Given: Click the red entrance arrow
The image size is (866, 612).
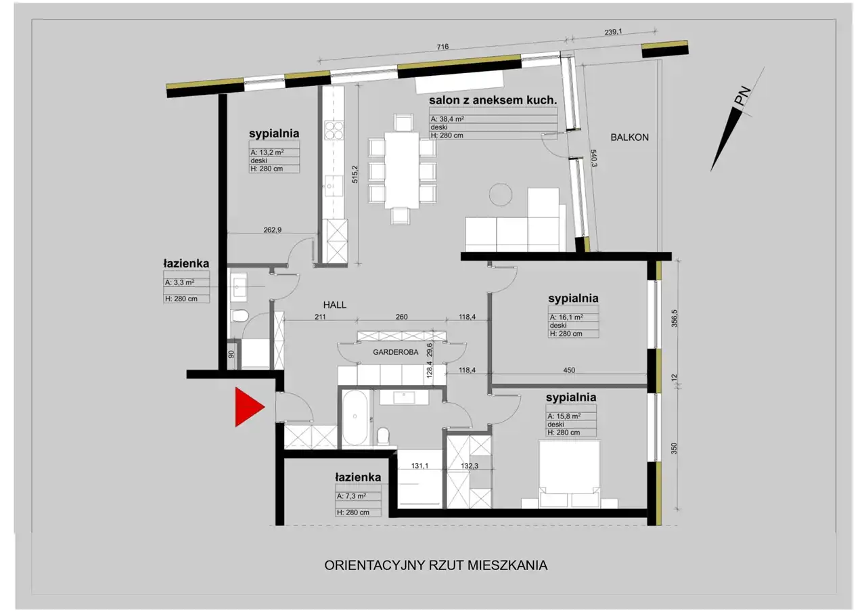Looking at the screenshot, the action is pos(248,408).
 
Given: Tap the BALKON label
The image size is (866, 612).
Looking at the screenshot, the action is pos(629,137).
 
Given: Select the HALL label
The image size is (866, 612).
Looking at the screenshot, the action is pos(335,305).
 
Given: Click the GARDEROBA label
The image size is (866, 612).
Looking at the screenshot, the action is pos(396,352).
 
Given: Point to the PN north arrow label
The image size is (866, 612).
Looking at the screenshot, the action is pos(743,96).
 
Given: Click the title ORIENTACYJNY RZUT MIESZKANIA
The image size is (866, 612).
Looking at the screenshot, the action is pos(436,565).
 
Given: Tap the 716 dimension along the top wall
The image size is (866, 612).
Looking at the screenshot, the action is pos(442,47).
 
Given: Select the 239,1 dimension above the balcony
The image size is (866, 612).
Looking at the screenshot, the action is pos(613,32).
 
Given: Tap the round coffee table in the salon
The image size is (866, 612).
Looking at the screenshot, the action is pos(500,194).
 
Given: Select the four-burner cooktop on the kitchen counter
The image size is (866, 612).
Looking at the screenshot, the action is pos(334,130).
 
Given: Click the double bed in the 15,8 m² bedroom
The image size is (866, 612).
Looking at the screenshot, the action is pos(570,475).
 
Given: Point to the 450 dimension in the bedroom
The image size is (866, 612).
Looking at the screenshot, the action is pos(569,370).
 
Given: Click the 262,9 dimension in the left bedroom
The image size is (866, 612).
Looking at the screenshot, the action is pos(273,230).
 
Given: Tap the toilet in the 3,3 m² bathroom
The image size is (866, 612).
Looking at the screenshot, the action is pos(240,316).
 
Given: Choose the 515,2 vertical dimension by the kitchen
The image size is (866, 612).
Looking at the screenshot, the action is pos(355,174).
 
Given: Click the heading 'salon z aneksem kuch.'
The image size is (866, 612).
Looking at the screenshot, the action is pos(493,100).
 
